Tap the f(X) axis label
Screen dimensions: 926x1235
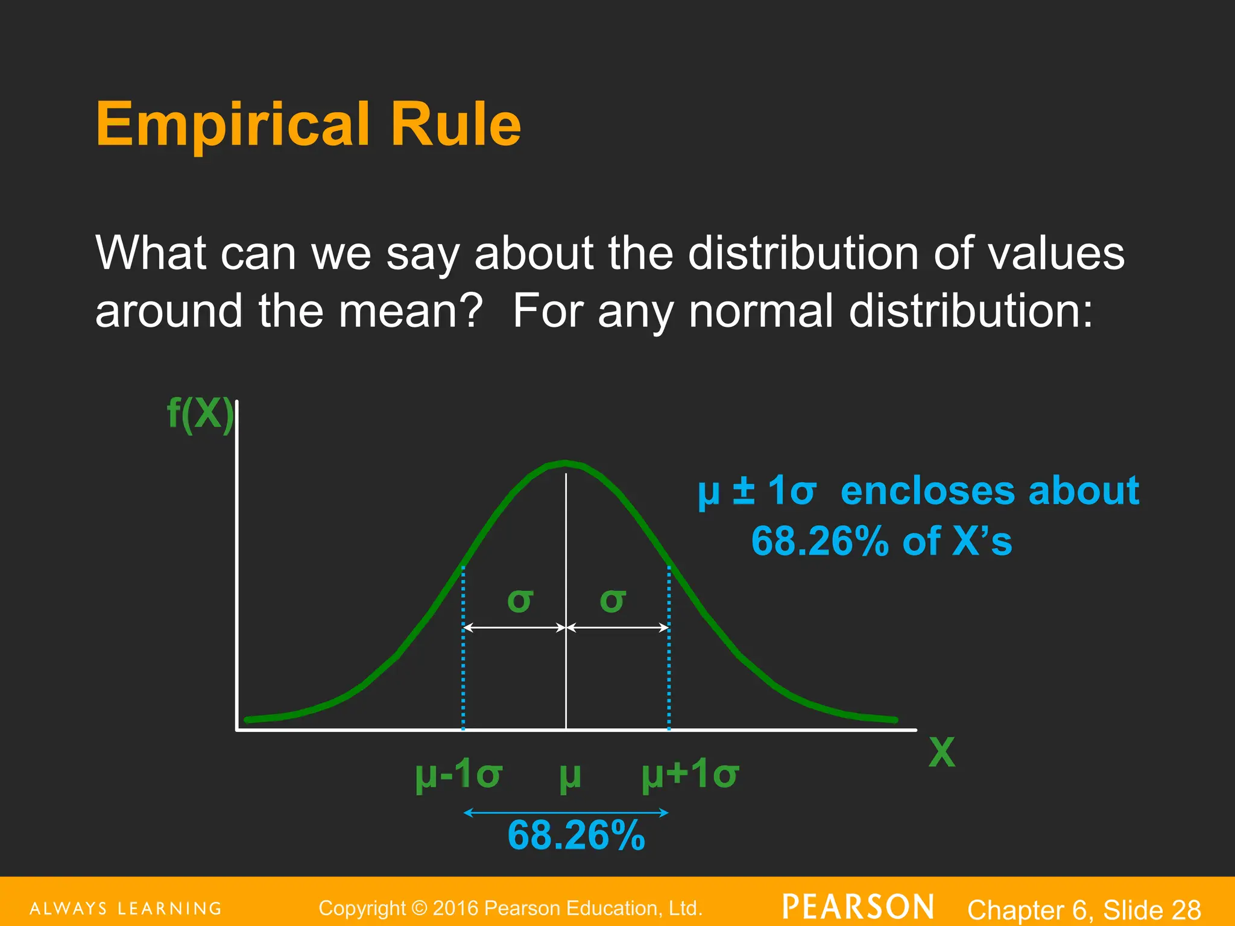(200, 414)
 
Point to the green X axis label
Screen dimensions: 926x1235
(941, 752)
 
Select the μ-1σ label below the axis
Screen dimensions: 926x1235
(458, 774)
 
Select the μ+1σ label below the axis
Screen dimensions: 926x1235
(690, 774)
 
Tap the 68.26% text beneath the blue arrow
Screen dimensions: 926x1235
(576, 836)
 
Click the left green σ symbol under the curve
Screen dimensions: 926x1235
(520, 600)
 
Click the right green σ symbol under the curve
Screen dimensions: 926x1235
(613, 600)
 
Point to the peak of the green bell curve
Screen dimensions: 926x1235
(565, 464)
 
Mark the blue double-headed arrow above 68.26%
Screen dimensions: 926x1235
(566, 813)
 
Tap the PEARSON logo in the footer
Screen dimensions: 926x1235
(858, 907)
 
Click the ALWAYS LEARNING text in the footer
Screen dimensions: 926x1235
(126, 909)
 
